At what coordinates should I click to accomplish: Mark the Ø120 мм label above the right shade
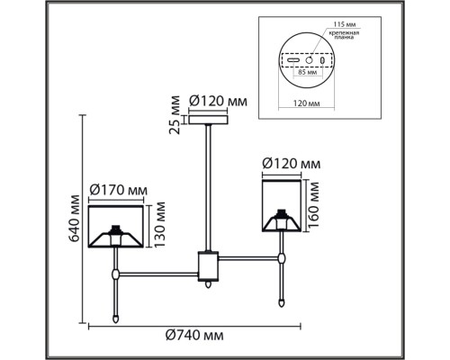(290, 164)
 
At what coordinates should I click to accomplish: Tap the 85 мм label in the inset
(309, 74)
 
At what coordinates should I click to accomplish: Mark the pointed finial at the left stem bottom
(115, 316)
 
